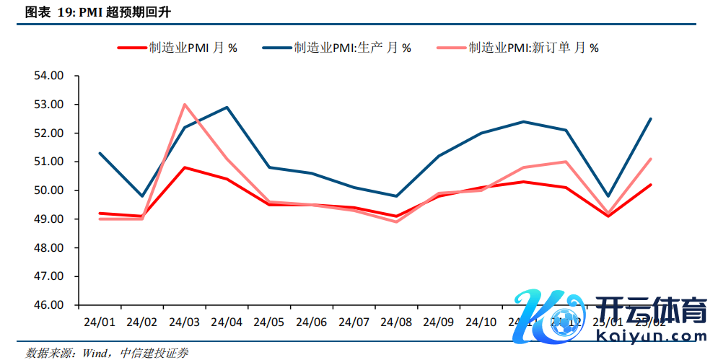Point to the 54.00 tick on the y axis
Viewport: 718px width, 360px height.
tap(49, 76)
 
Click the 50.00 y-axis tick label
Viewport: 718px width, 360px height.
tap(49, 190)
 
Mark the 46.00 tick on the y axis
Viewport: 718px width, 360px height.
tap(49, 305)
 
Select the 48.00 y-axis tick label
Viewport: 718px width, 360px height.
tap(49, 247)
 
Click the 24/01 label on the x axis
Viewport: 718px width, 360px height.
tap(100, 321)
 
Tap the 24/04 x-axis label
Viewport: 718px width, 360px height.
tap(227, 321)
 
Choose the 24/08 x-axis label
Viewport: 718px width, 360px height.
tap(396, 321)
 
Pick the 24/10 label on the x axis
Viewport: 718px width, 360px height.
tap(481, 321)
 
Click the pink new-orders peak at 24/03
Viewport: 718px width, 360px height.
tap(185, 104)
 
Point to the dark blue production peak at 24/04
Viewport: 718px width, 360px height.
tap(227, 107)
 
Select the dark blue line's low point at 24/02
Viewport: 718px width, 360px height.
tap(142, 196)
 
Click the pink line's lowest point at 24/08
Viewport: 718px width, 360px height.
tap(396, 221)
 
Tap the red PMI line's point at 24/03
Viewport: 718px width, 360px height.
tap(185, 167)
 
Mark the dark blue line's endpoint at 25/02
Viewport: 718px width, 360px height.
tap(651, 119)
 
